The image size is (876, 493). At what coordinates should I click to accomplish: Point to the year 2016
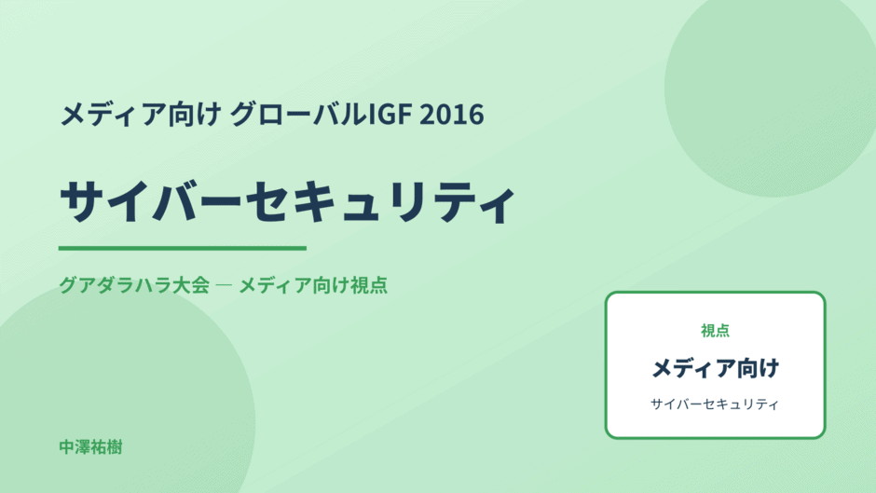[451, 115]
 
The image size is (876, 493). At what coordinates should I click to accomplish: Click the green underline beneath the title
[182, 248]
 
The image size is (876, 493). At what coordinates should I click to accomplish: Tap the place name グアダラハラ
[116, 285]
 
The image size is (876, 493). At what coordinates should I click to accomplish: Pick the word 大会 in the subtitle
[191, 285]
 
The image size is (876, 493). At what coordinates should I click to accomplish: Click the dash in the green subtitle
[224, 285]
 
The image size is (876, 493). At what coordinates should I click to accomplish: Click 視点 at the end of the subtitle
[369, 285]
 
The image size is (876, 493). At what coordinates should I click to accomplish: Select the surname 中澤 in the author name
[75, 447]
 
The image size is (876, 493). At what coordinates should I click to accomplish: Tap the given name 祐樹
[107, 447]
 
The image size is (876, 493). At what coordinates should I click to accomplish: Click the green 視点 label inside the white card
[715, 331]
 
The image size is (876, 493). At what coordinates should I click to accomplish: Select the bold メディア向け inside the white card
[715, 368]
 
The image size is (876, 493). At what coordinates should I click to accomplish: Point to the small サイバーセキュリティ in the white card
[715, 404]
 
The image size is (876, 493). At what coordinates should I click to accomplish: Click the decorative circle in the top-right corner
[771, 89]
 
